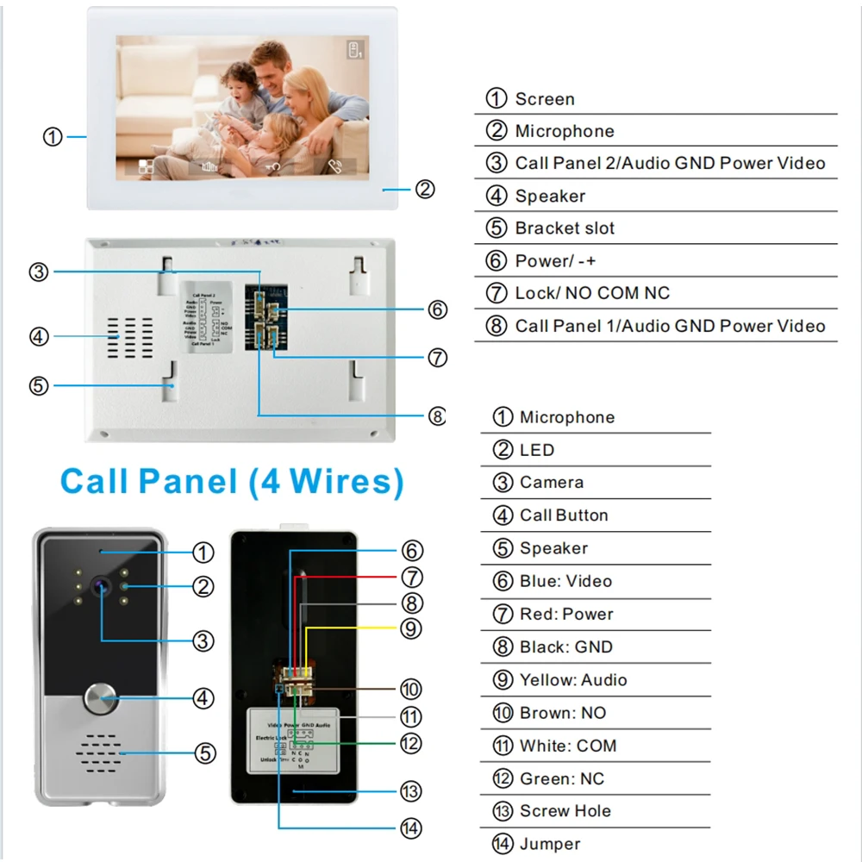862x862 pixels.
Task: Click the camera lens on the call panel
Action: pyautogui.click(x=102, y=585)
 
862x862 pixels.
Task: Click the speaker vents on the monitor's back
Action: pyautogui.click(x=129, y=336)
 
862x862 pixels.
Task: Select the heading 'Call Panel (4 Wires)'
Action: pyautogui.click(x=232, y=480)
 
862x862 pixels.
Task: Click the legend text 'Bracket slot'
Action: pyautogui.click(x=565, y=228)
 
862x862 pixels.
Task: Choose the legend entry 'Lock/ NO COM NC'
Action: pyautogui.click(x=591, y=293)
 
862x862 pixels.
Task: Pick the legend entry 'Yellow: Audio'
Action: pyautogui.click(x=572, y=680)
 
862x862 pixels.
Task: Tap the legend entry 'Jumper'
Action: pyautogui.click(x=549, y=844)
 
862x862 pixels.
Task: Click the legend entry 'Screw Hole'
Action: pyautogui.click(x=565, y=811)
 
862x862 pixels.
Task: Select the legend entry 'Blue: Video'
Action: pyautogui.click(x=565, y=581)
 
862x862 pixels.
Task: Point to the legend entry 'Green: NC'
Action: pyautogui.click(x=561, y=778)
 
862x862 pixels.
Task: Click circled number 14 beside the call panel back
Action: pyautogui.click(x=411, y=828)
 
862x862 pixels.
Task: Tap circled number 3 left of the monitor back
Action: pyautogui.click(x=39, y=272)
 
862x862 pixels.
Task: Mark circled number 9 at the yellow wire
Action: pyautogui.click(x=411, y=628)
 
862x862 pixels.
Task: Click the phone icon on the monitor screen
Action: pyautogui.click(x=334, y=166)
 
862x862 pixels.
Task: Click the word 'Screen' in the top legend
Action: pyautogui.click(x=544, y=99)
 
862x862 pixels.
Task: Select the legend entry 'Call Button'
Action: pyautogui.click(x=563, y=515)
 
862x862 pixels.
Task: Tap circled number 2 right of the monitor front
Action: pyautogui.click(x=424, y=189)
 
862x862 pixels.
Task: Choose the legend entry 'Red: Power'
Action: pyautogui.click(x=565, y=614)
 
